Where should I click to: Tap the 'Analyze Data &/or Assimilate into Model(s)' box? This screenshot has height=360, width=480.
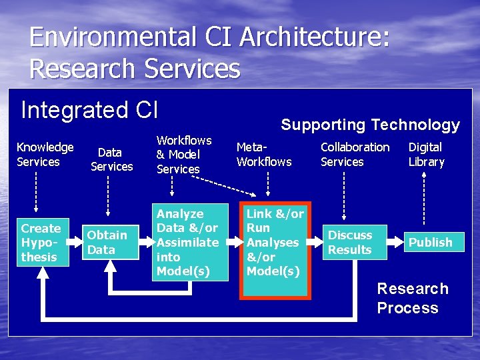pyautogui.click(x=187, y=242)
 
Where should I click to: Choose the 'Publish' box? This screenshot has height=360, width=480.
pyautogui.click(x=430, y=242)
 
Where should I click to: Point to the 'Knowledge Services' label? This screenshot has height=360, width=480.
pyautogui.click(x=45, y=154)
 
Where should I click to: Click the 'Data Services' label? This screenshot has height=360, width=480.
pyautogui.click(x=111, y=159)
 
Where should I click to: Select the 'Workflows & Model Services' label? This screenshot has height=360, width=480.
pyautogui.click(x=183, y=154)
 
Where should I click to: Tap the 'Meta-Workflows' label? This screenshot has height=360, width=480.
pyautogui.click(x=264, y=154)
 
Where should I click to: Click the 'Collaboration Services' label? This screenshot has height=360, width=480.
pyautogui.click(x=355, y=154)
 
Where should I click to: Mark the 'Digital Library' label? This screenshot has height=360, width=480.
pyautogui.click(x=426, y=154)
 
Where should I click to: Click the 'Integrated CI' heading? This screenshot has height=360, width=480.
pyautogui.click(x=89, y=109)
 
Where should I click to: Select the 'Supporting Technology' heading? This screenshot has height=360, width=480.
pyautogui.click(x=370, y=125)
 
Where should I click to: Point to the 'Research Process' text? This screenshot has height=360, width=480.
pyautogui.click(x=412, y=298)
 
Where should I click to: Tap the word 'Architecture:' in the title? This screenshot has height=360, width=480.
pyautogui.click(x=314, y=37)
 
